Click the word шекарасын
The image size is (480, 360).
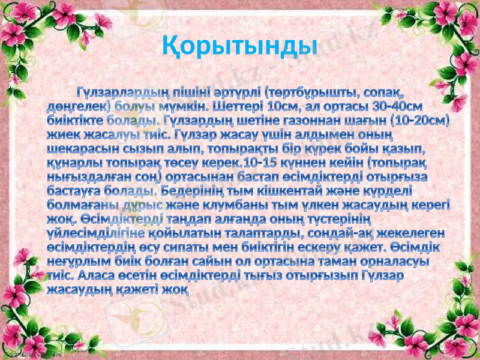(x=80, y=148)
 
